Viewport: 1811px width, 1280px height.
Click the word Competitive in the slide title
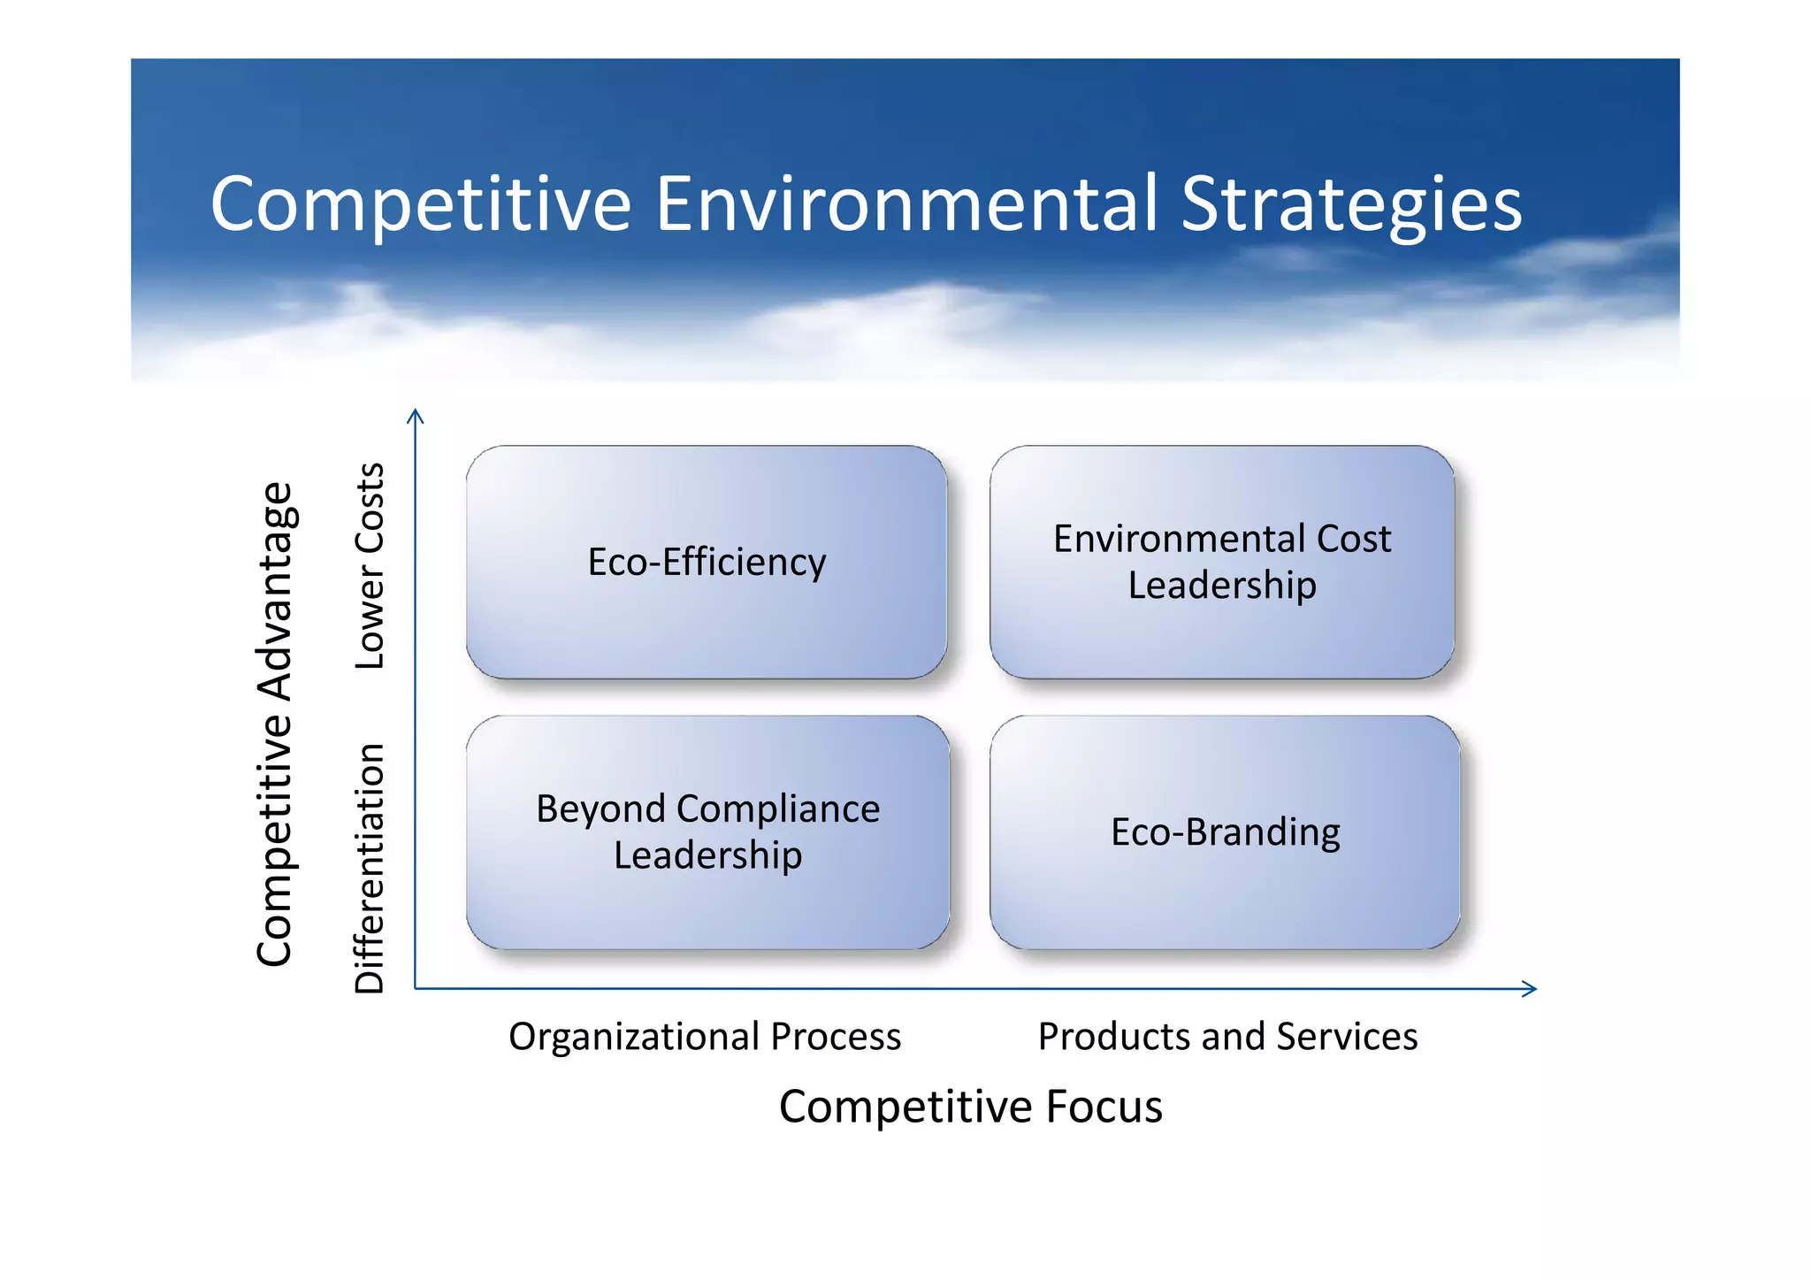click(420, 205)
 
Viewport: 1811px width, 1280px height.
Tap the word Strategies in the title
click(1350, 205)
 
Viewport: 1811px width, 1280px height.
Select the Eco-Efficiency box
click(707, 563)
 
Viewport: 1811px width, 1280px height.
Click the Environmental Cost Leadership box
click(1222, 563)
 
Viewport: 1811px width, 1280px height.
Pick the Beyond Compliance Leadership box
click(707, 832)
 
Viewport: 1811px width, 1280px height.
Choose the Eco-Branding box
click(1225, 832)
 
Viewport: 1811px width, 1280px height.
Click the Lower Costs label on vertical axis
click(370, 566)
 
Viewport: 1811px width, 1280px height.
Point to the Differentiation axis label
click(370, 869)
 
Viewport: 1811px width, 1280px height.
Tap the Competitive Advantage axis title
click(275, 724)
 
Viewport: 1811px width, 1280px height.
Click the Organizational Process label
click(705, 1037)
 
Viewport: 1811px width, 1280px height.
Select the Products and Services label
click(1227, 1037)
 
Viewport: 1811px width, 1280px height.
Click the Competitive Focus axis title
click(970, 1107)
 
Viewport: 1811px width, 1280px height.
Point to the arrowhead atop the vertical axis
click(416, 414)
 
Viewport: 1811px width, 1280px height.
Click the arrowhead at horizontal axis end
click(1531, 989)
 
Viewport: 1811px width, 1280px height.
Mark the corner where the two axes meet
click(416, 988)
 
